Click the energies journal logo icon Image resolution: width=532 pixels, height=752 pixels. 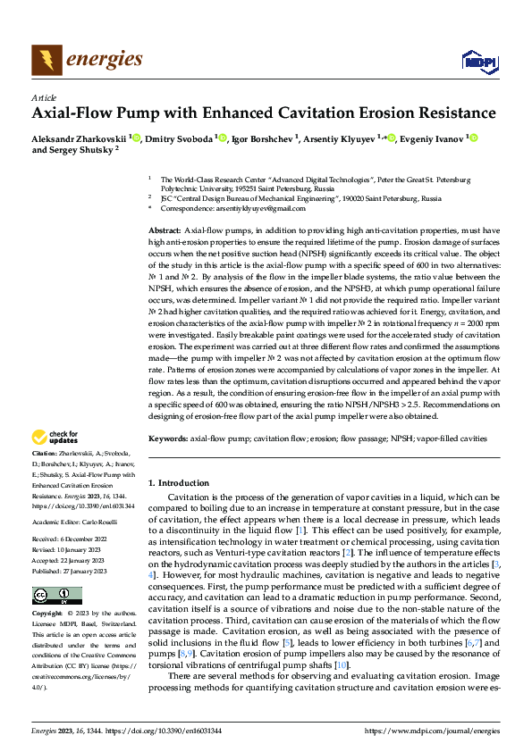click(x=46, y=60)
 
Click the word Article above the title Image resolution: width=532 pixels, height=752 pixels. click(x=44, y=97)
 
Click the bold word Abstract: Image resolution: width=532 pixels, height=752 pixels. click(x=165, y=230)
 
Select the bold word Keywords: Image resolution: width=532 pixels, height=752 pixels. click(x=167, y=439)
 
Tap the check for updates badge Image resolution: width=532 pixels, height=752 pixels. click(x=53, y=438)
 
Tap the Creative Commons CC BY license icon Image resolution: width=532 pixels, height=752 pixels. click(x=52, y=595)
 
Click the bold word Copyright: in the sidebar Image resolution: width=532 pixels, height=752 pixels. click(x=47, y=615)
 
